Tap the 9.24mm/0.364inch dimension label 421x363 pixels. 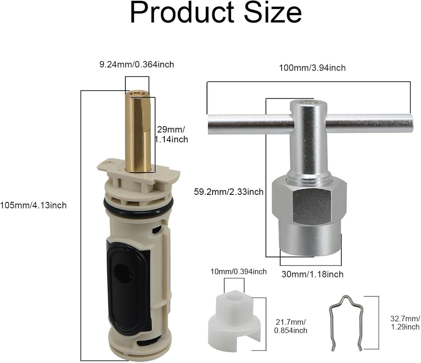(136, 65)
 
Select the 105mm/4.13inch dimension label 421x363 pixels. (33, 205)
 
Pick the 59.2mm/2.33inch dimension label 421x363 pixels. (229, 192)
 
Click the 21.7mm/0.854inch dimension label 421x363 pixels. (291, 325)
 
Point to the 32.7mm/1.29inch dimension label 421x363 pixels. (405, 323)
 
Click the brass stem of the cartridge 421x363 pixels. (138, 132)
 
